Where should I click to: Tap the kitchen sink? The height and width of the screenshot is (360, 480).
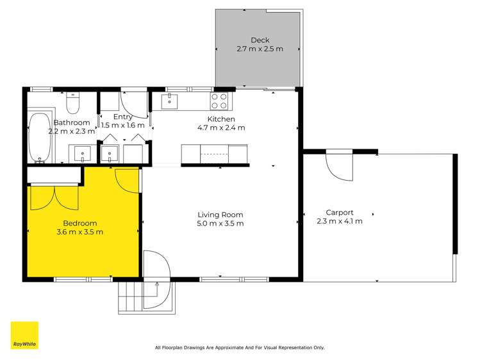click(170, 101)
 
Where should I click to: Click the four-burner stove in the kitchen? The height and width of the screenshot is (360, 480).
click(219, 101)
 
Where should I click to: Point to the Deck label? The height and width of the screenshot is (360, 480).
click(260, 40)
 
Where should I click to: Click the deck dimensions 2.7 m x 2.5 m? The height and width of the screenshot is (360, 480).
click(260, 49)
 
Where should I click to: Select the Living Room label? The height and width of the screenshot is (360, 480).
click(221, 215)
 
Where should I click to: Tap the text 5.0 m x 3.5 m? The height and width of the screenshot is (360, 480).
click(221, 224)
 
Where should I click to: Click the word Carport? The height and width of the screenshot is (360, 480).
click(340, 212)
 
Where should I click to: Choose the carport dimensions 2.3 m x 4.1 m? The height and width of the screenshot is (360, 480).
click(340, 221)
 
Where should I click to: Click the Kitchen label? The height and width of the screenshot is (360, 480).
click(221, 119)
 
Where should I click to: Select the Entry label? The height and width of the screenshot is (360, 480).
click(122, 117)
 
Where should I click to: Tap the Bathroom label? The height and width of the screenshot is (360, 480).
click(71, 122)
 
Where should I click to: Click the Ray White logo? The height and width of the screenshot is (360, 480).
click(24, 335)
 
